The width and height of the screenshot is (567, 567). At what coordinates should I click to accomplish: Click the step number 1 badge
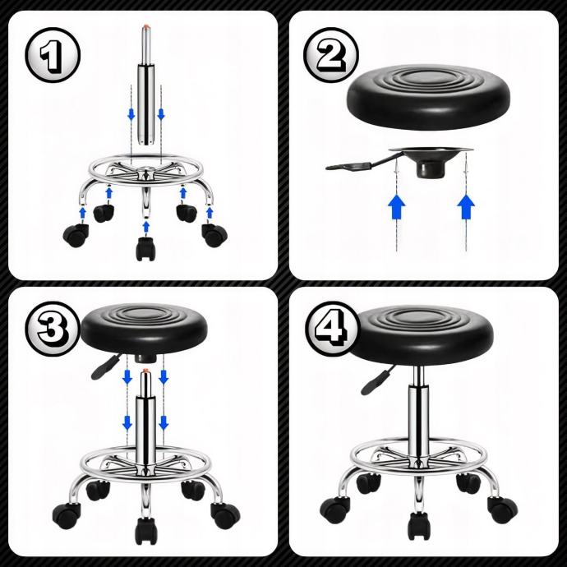click(53, 55)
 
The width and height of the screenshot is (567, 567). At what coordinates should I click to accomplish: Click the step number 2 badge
click(331, 55)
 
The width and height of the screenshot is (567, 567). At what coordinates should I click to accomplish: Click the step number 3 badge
click(53, 329)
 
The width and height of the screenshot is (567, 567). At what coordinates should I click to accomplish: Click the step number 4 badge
click(331, 329)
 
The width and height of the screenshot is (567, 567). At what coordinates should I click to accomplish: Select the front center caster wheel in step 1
click(146, 248)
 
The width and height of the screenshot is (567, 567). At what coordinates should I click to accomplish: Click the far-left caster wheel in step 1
click(76, 235)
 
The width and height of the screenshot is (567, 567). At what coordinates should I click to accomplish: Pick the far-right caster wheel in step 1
click(214, 235)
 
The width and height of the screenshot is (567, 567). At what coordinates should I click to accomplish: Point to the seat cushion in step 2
click(428, 97)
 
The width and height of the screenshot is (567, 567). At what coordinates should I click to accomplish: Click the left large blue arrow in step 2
click(397, 207)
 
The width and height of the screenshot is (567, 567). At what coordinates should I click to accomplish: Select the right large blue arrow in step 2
click(466, 207)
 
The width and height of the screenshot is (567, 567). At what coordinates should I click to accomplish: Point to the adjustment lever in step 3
click(105, 367)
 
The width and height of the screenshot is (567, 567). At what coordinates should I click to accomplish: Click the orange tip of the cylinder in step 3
click(145, 371)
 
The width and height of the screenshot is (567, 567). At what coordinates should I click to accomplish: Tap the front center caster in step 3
click(146, 531)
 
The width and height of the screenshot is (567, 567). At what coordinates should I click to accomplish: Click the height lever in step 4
click(377, 380)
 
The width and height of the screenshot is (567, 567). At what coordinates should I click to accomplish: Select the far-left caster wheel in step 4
click(334, 508)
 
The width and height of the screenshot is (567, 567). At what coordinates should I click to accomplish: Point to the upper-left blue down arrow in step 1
click(131, 114)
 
